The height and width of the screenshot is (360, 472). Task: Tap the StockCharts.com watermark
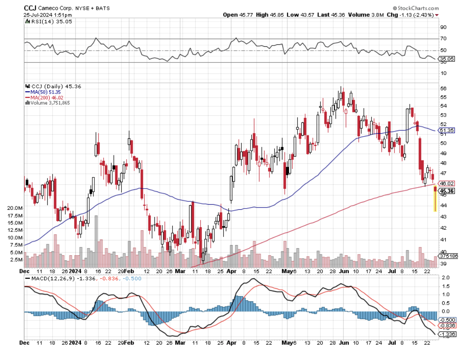tap(416, 8)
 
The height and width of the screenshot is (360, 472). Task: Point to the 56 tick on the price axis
tap(444, 89)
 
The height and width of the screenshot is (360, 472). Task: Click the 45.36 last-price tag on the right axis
tap(447, 191)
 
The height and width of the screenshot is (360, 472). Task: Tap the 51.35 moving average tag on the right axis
tap(447, 131)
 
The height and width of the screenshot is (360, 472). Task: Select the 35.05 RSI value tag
tap(447, 59)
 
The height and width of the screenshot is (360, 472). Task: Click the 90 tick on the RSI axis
tap(443, 27)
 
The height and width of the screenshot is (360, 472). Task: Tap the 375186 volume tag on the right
tap(449, 256)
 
